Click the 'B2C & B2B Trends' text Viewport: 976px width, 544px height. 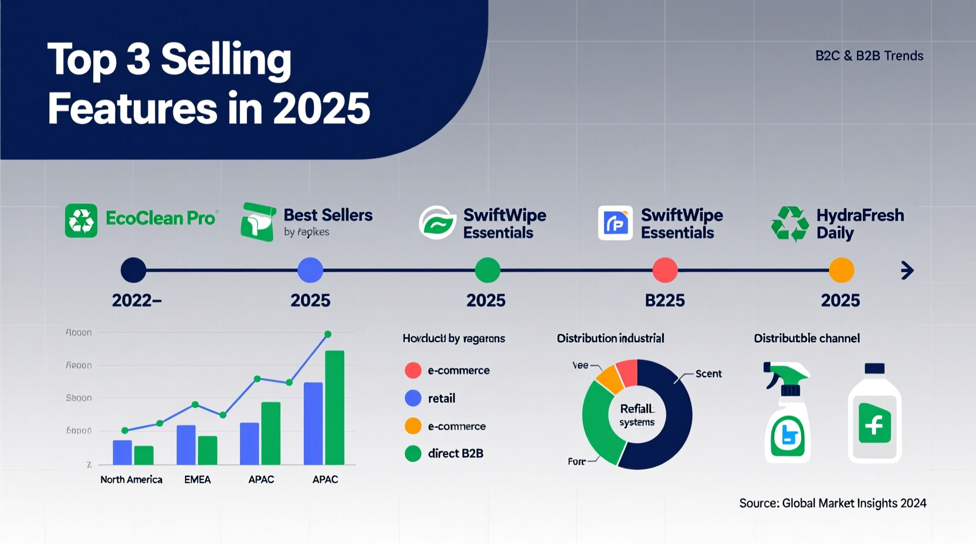(869, 56)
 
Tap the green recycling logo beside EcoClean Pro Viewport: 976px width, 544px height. (81, 220)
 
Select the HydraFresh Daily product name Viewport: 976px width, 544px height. (859, 224)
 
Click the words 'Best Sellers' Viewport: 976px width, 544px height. (328, 215)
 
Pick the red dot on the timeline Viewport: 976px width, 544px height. (665, 270)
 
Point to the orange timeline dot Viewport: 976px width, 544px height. (841, 270)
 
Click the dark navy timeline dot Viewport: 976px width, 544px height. (133, 270)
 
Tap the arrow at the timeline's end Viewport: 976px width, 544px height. (907, 270)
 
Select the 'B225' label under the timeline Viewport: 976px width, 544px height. (665, 301)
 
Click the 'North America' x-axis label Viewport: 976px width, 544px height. (131, 480)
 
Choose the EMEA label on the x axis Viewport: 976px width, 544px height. (197, 480)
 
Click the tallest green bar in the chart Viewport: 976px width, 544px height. (334, 407)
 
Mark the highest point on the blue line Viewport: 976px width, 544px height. (328, 334)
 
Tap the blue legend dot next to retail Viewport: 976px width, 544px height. (413, 399)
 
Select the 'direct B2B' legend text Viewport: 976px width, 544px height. (455, 453)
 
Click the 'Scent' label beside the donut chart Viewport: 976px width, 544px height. (708, 374)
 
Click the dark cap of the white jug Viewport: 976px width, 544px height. (874, 369)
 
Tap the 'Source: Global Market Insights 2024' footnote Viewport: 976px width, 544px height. (832, 503)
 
